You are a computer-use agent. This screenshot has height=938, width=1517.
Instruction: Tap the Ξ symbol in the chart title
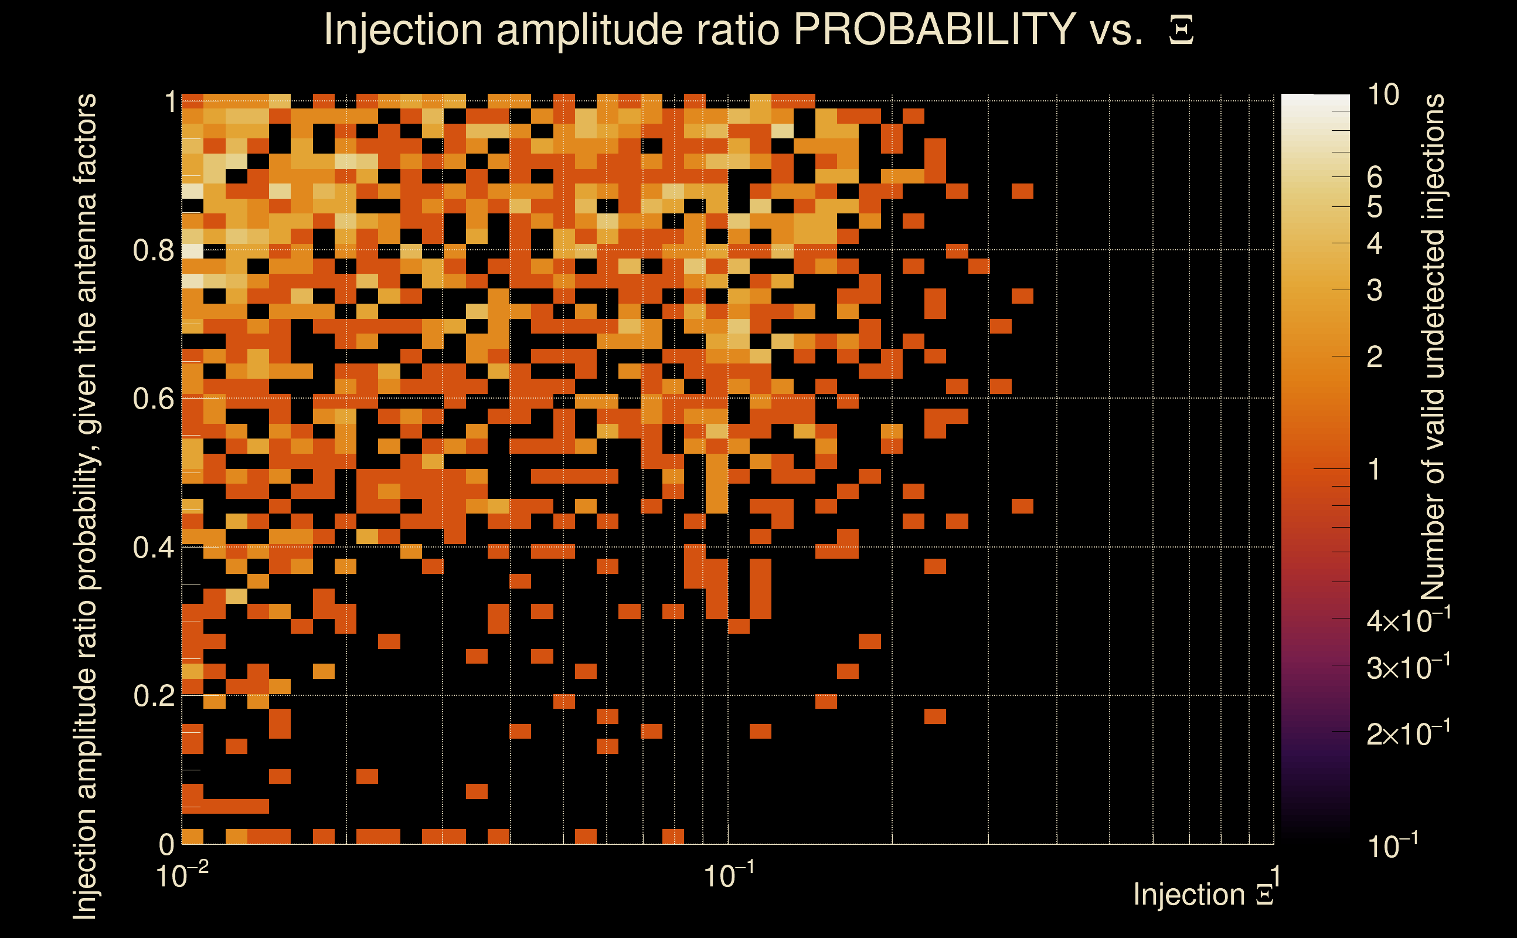click(x=1181, y=30)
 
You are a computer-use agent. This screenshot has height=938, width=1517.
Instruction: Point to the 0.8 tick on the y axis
click(x=153, y=251)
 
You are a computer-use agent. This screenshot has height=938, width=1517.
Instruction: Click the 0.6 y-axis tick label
click(x=153, y=399)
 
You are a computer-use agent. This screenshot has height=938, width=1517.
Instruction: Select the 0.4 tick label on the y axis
click(x=153, y=548)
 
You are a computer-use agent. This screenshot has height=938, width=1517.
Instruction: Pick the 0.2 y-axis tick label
click(x=153, y=696)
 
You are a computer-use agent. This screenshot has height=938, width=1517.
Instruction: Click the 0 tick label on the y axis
click(x=166, y=844)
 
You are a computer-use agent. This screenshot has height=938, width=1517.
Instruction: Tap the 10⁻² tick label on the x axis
click(x=181, y=875)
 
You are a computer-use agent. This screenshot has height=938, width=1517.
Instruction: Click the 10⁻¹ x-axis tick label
click(x=728, y=875)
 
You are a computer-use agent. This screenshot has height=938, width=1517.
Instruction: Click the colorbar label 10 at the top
click(x=1382, y=95)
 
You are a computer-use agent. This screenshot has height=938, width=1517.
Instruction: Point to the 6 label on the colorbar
click(x=1375, y=178)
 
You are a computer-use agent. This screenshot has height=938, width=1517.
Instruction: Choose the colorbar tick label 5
click(x=1375, y=207)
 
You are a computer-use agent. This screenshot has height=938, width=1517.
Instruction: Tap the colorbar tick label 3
click(x=1375, y=290)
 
